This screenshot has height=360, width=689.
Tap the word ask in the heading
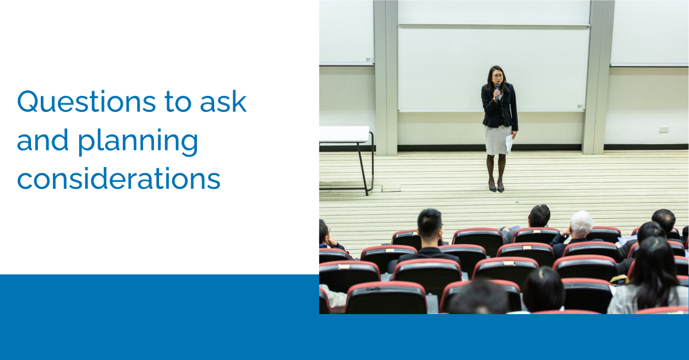click(x=223, y=101)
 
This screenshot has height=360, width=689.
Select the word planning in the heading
click(x=138, y=142)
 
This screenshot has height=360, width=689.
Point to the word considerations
click(x=119, y=178)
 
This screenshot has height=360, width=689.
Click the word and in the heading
click(x=42, y=140)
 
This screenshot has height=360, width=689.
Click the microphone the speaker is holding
click(x=497, y=91)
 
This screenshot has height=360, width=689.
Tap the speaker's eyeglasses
click(x=497, y=75)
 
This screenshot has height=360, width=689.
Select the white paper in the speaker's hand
click(x=509, y=143)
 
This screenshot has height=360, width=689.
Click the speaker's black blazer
click(x=500, y=106)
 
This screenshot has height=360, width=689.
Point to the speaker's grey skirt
click(x=497, y=140)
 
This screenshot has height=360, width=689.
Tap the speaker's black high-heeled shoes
click(x=497, y=187)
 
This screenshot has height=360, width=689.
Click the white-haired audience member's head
click(x=581, y=224)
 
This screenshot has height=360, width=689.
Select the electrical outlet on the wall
click(x=664, y=129)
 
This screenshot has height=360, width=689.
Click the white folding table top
click(x=344, y=134)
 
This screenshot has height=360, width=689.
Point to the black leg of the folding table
click(x=362, y=169)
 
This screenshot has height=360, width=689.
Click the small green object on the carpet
click(x=517, y=202)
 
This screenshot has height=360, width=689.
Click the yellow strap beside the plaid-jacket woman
click(x=619, y=280)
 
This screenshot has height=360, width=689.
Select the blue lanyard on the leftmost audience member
click(x=323, y=246)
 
